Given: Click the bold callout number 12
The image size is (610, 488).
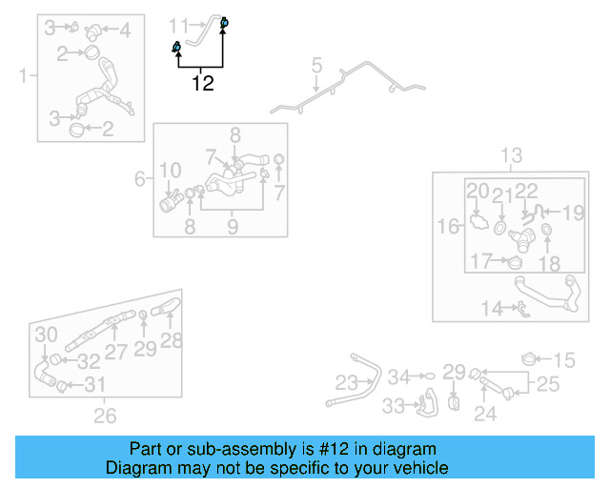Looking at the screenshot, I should tap(203, 83).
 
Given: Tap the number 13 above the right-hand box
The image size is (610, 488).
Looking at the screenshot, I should tap(512, 155).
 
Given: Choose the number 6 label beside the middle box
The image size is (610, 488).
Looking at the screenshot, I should tap(139, 178).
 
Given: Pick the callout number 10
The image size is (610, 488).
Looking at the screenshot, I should tap(171, 171).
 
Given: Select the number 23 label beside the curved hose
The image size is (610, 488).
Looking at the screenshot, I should tap(346, 382).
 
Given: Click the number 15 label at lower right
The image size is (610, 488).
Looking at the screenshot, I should tap(565, 359).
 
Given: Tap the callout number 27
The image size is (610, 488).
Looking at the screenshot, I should tap(115, 351).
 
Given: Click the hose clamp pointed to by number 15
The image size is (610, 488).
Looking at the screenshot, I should tap(530, 359).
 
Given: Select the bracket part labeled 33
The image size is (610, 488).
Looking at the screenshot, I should tap(425, 403).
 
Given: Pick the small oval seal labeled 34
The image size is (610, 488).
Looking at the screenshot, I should tap(428, 376).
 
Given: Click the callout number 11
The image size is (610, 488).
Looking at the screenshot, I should tap(179, 23).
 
